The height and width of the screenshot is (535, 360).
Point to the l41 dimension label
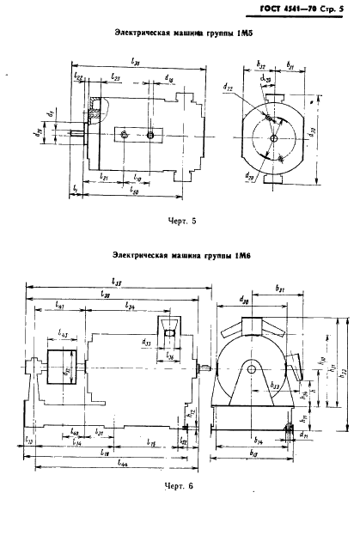coord(59,304)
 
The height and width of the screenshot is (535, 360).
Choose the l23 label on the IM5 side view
coord(116,76)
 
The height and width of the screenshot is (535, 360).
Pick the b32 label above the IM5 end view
coord(261,64)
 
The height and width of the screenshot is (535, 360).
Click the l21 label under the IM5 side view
coord(104,174)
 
